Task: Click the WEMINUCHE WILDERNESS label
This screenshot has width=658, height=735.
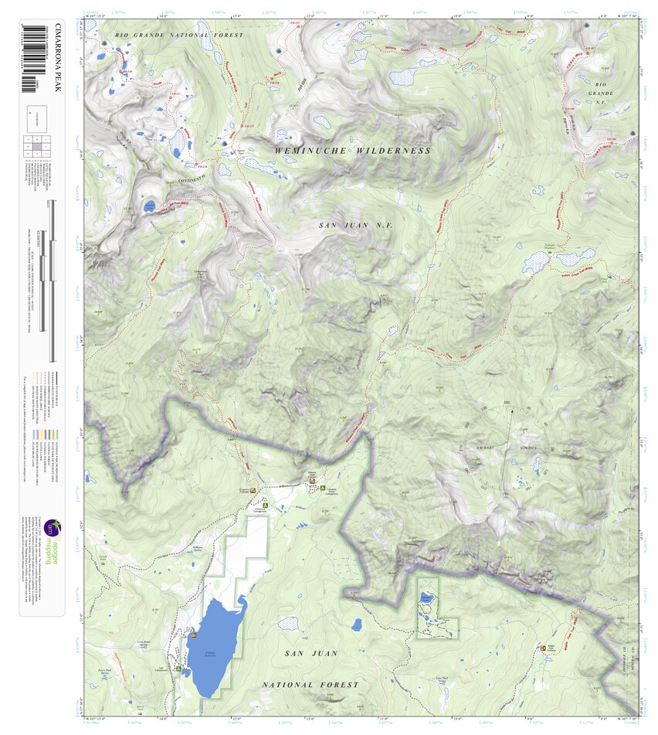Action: coord(353,151)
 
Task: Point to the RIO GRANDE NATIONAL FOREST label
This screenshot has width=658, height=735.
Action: coord(178,36)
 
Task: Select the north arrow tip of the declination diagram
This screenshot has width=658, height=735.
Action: coord(510,411)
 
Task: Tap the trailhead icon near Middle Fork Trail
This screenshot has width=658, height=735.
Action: coord(544,648)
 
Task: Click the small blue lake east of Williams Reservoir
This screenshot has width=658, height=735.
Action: coord(356,624)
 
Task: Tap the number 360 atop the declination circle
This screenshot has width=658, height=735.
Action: coord(507,403)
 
